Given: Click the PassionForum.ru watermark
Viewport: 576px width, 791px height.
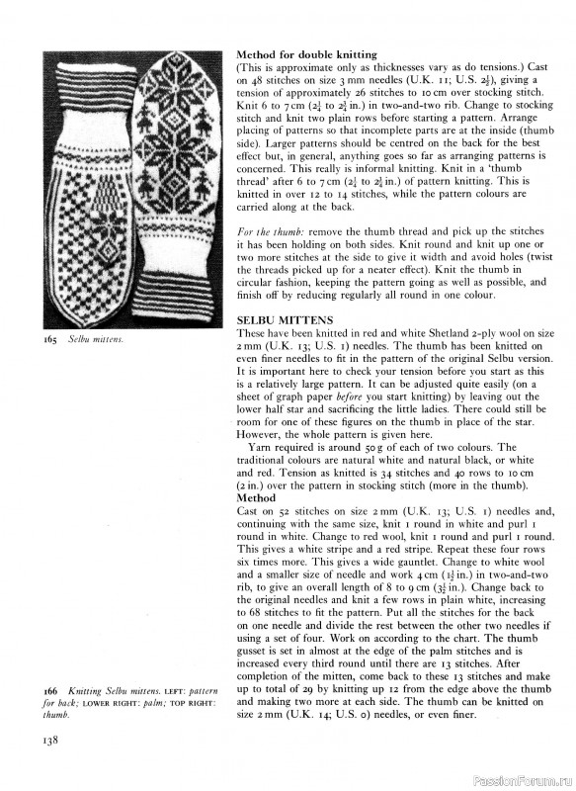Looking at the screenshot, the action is [x=519, y=778].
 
